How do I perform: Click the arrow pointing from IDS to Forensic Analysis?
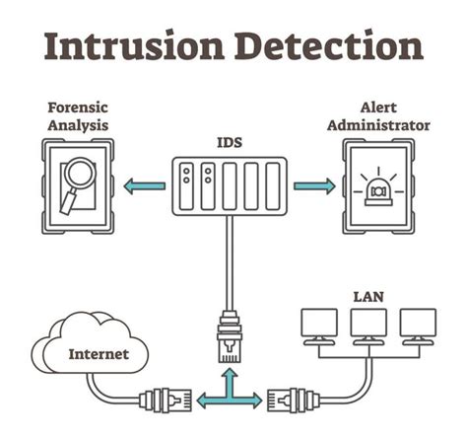[144, 185]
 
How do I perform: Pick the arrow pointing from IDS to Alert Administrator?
[315, 185]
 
